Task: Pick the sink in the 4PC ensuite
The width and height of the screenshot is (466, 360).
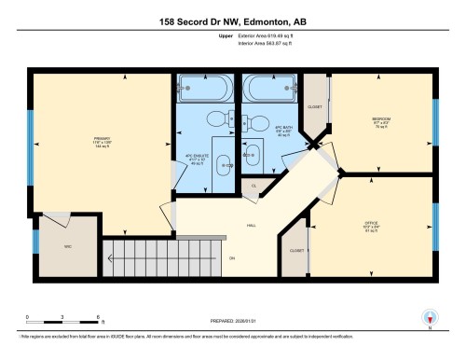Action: point(224,164)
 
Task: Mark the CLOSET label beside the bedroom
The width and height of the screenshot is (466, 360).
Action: point(315,106)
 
